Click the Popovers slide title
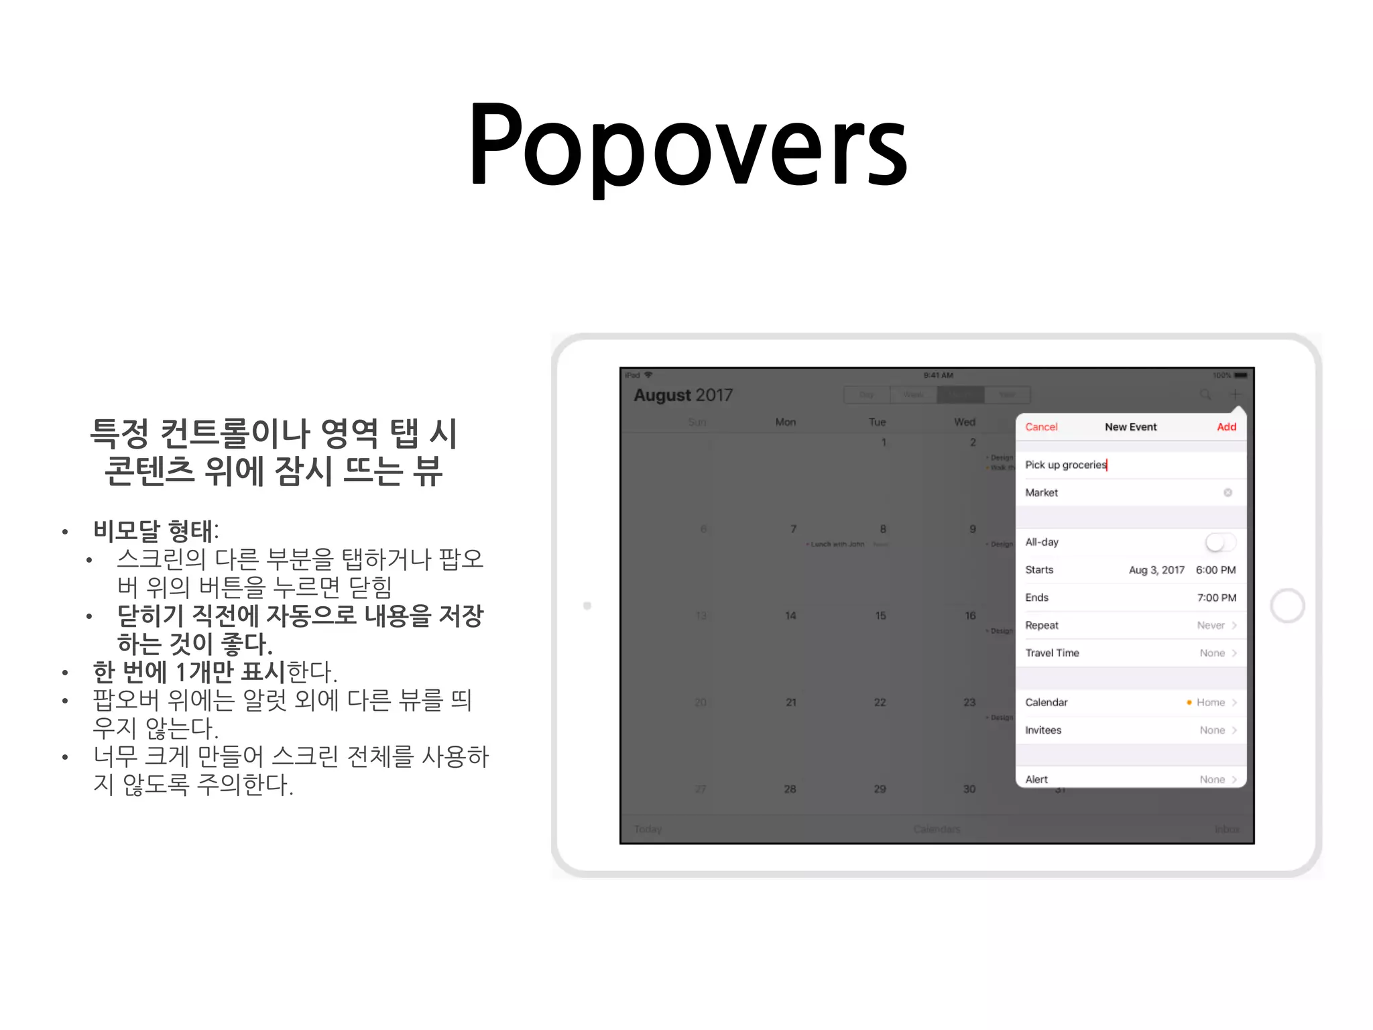coord(688,144)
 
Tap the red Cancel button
coord(1040,427)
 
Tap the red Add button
coord(1226,427)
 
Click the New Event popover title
coord(1130,427)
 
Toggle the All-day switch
coord(1219,542)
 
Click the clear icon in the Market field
coord(1228,493)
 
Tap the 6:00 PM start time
coord(1215,570)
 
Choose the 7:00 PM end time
coord(1216,597)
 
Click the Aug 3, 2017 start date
coord(1156,570)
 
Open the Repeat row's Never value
coord(1211,626)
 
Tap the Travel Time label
coord(1052,653)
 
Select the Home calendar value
coord(1210,703)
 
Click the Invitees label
coord(1043,730)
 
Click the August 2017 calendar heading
coord(683,395)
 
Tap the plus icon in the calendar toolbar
coord(1235,394)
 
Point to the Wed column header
coord(965,422)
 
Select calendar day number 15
coord(880,616)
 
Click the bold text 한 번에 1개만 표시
coord(189,671)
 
